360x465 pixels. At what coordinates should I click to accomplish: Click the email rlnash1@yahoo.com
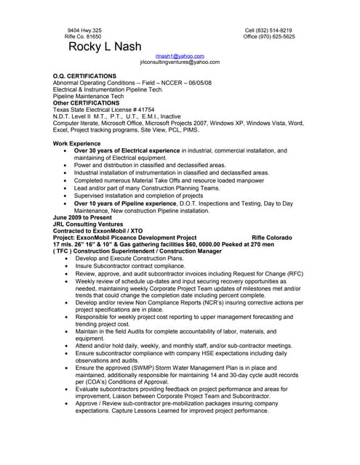tap(180, 56)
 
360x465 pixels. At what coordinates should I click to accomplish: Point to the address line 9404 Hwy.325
tap(84, 30)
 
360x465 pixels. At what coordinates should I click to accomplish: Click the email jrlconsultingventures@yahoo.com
tap(180, 62)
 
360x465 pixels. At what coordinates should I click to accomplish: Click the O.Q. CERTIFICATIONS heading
tap(84, 76)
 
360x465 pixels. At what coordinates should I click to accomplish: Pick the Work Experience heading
tap(76, 144)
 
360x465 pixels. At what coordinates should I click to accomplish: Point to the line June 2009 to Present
tap(83, 217)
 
